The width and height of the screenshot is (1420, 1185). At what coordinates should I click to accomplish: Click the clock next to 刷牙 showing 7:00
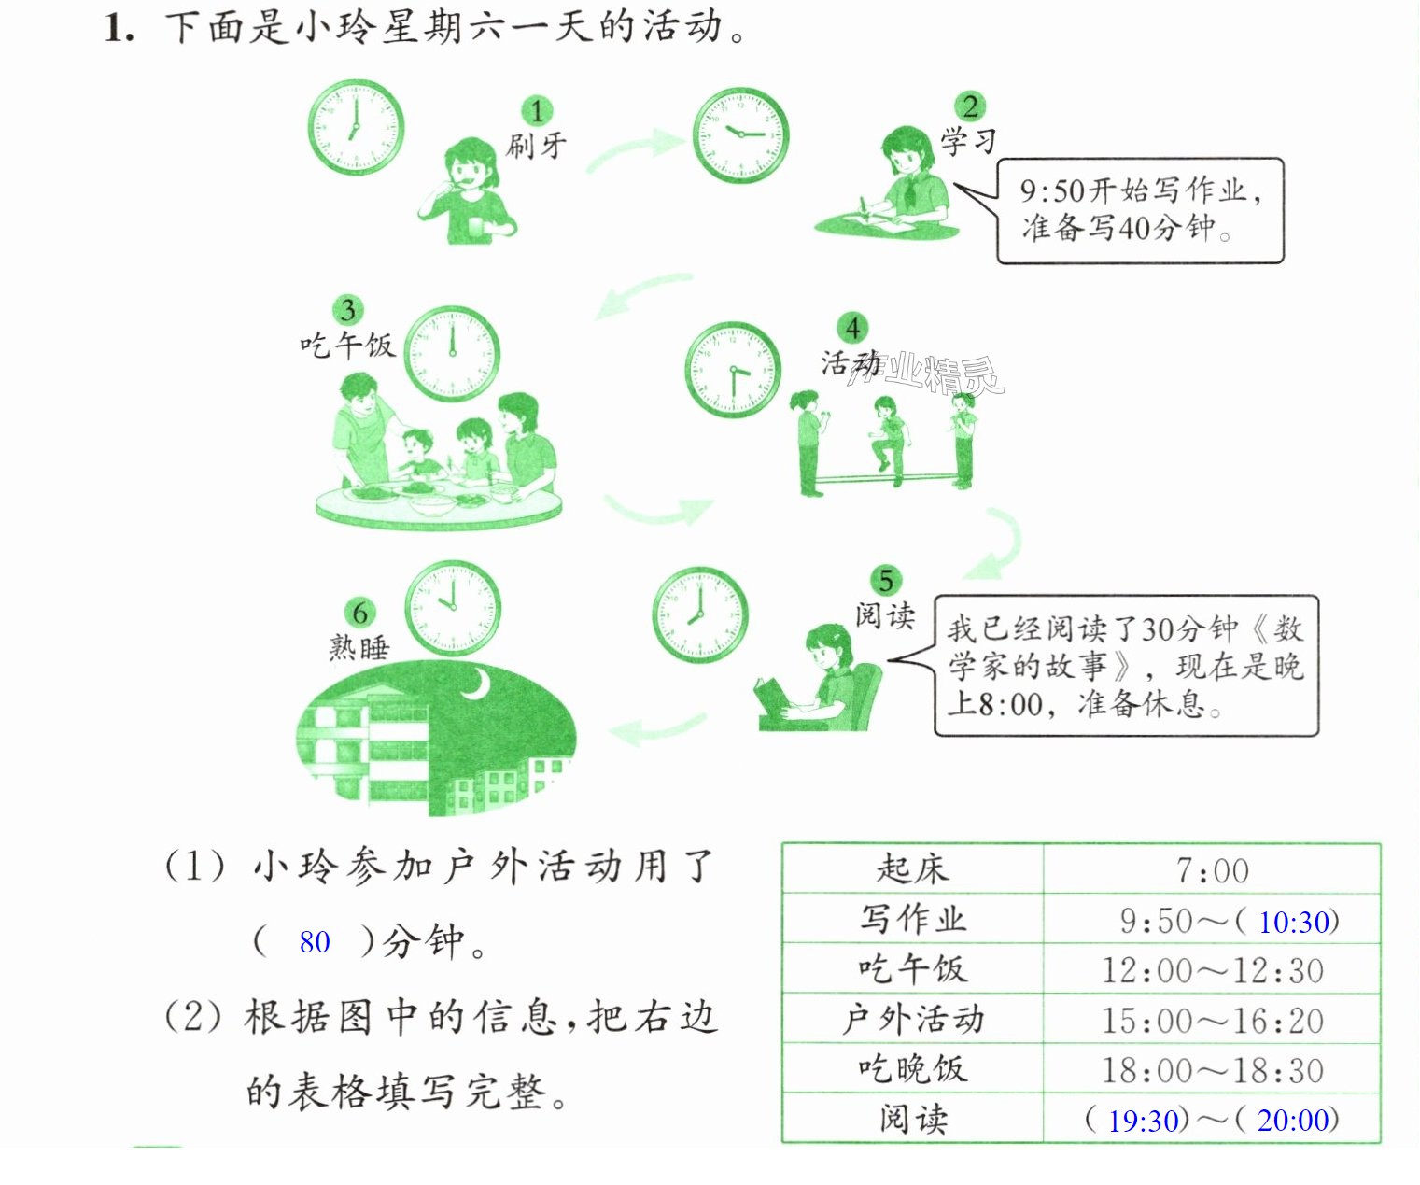point(356,127)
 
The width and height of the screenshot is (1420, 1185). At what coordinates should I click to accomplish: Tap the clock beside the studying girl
point(740,134)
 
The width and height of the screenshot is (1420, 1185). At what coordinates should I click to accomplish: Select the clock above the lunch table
point(452,354)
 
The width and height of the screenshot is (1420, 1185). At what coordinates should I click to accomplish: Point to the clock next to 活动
point(733,370)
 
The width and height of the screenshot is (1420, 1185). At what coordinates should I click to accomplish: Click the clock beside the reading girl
point(700,615)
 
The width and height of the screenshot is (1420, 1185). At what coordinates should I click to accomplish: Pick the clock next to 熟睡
point(453,608)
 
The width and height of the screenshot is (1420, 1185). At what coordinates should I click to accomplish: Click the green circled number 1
point(537,111)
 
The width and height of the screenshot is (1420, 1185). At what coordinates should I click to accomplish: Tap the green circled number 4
point(852,329)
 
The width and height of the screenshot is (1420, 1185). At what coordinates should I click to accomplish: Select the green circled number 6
point(359,613)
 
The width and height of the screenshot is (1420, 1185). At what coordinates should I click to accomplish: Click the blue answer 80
point(315,942)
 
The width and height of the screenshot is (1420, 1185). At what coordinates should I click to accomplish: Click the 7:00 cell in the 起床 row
point(1212,870)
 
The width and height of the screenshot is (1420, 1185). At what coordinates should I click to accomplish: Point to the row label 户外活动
point(912,1020)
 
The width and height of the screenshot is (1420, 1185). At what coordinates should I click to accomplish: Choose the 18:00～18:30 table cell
point(1212,1070)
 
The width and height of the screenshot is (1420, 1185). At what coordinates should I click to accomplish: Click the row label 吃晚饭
point(912,1068)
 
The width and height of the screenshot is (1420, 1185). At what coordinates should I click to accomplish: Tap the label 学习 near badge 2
point(968,142)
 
